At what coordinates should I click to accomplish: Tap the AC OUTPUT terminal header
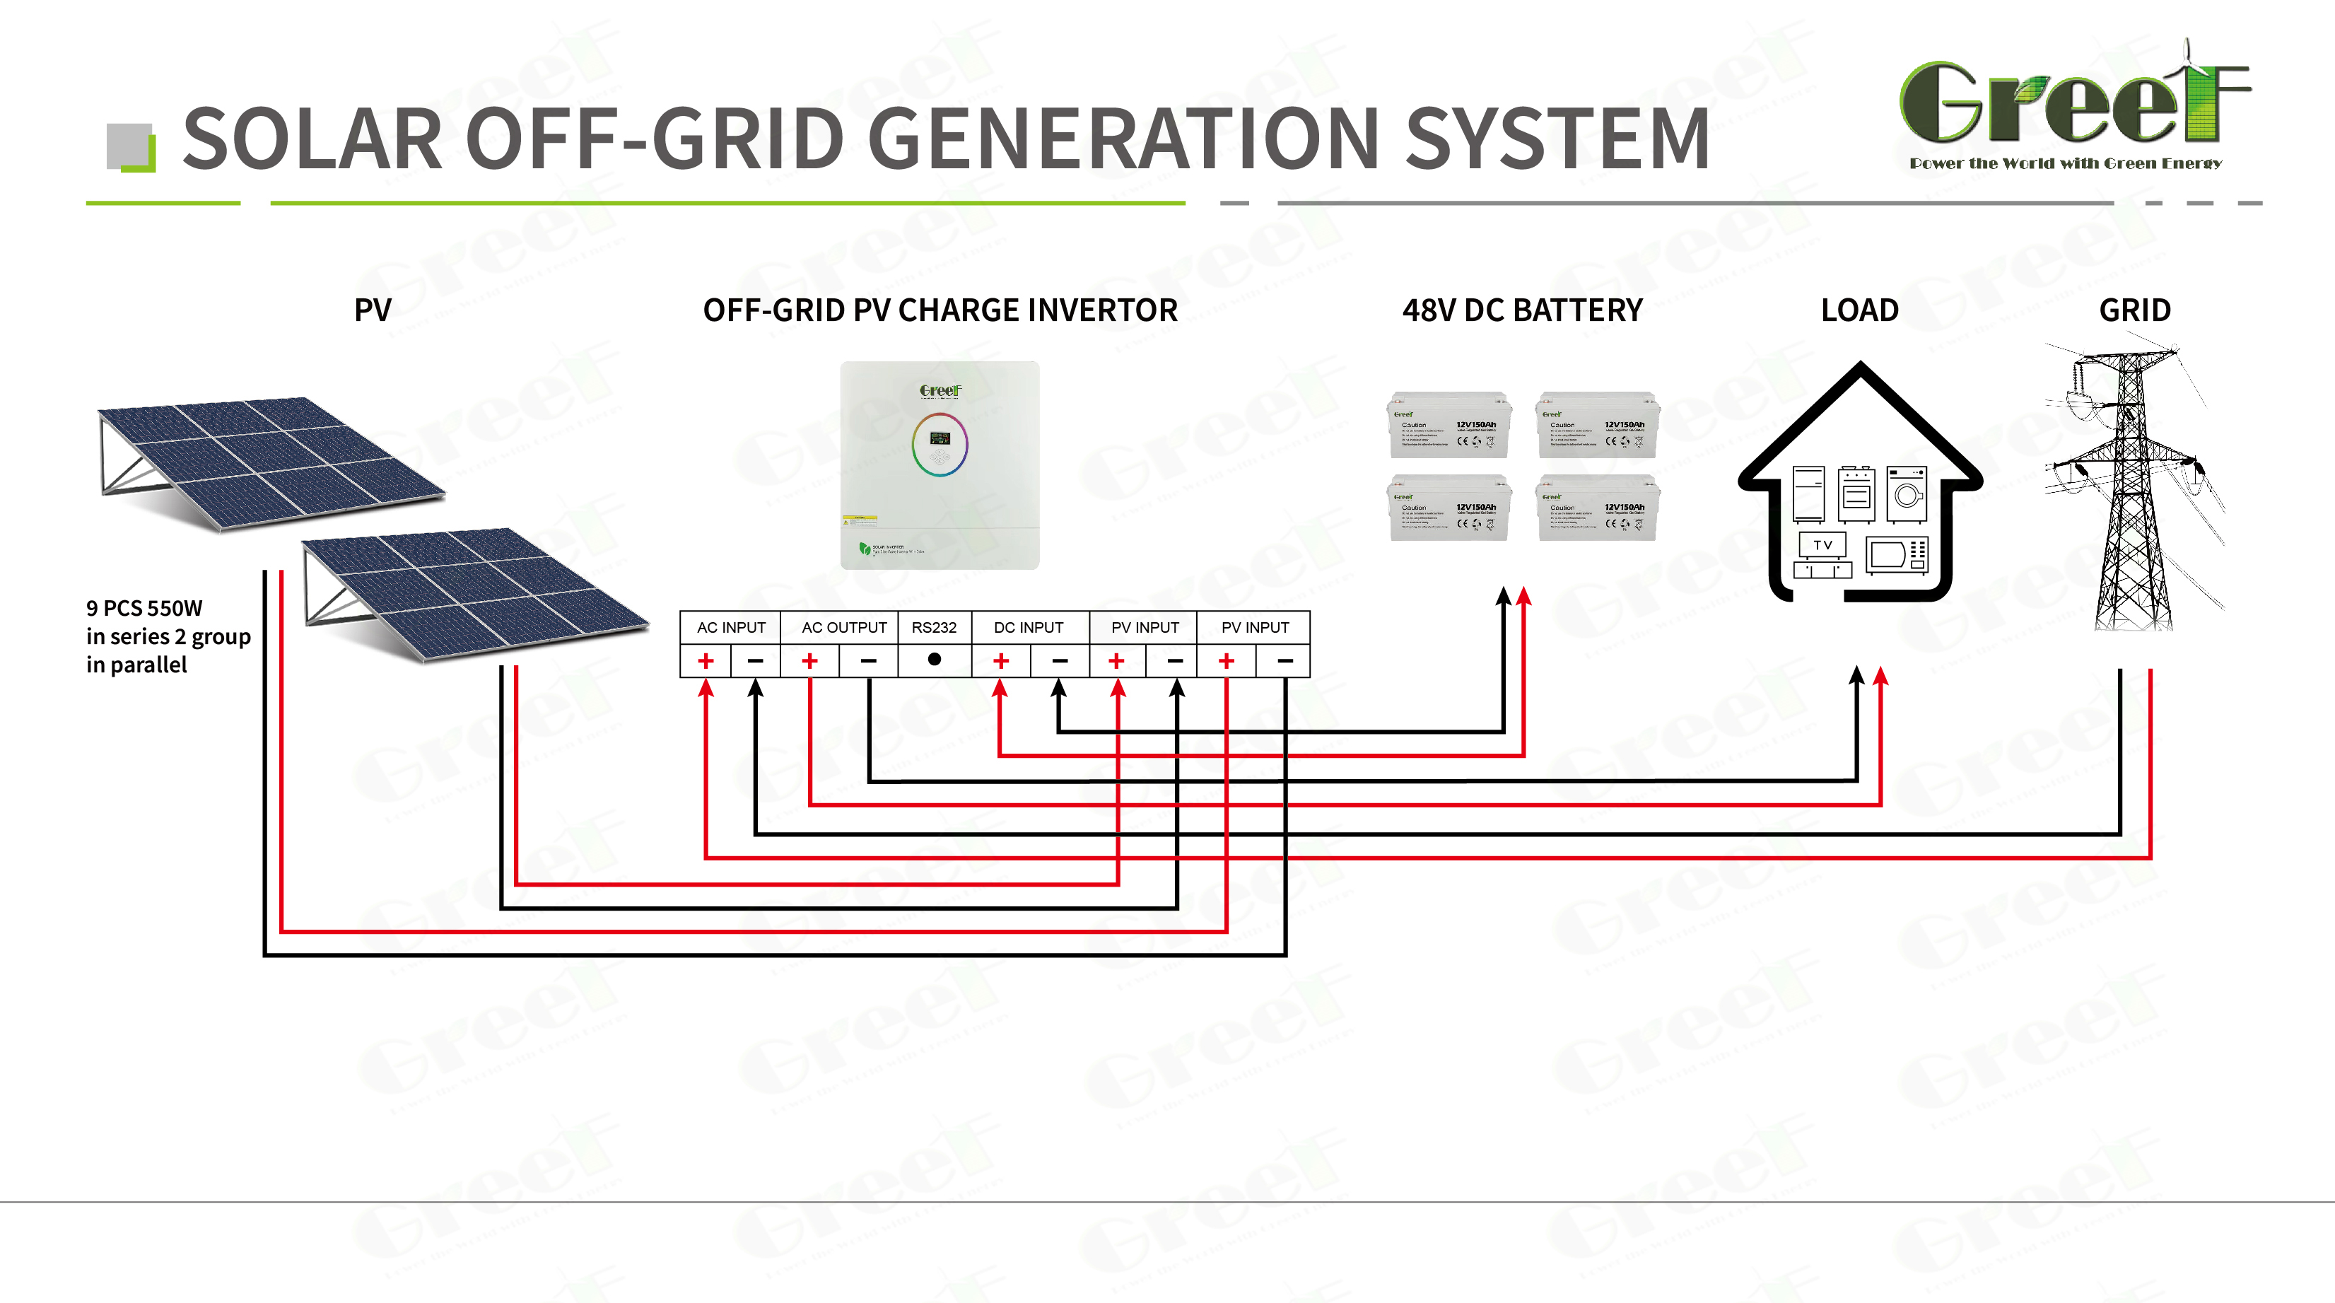[844, 628]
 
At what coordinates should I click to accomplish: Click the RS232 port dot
[935, 659]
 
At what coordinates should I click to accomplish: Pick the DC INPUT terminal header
[1029, 628]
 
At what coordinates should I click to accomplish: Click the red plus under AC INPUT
[706, 661]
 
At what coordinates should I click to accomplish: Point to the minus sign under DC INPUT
[1060, 661]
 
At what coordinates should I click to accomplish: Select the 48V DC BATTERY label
[1522, 310]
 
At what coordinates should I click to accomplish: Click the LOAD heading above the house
[1859, 310]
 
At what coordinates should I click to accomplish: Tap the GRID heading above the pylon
[2135, 310]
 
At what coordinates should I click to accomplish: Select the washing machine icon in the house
[1907, 494]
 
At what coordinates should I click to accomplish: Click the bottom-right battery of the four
[1598, 508]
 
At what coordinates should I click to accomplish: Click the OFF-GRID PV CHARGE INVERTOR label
[940, 310]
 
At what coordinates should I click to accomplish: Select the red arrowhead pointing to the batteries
[1523, 596]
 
